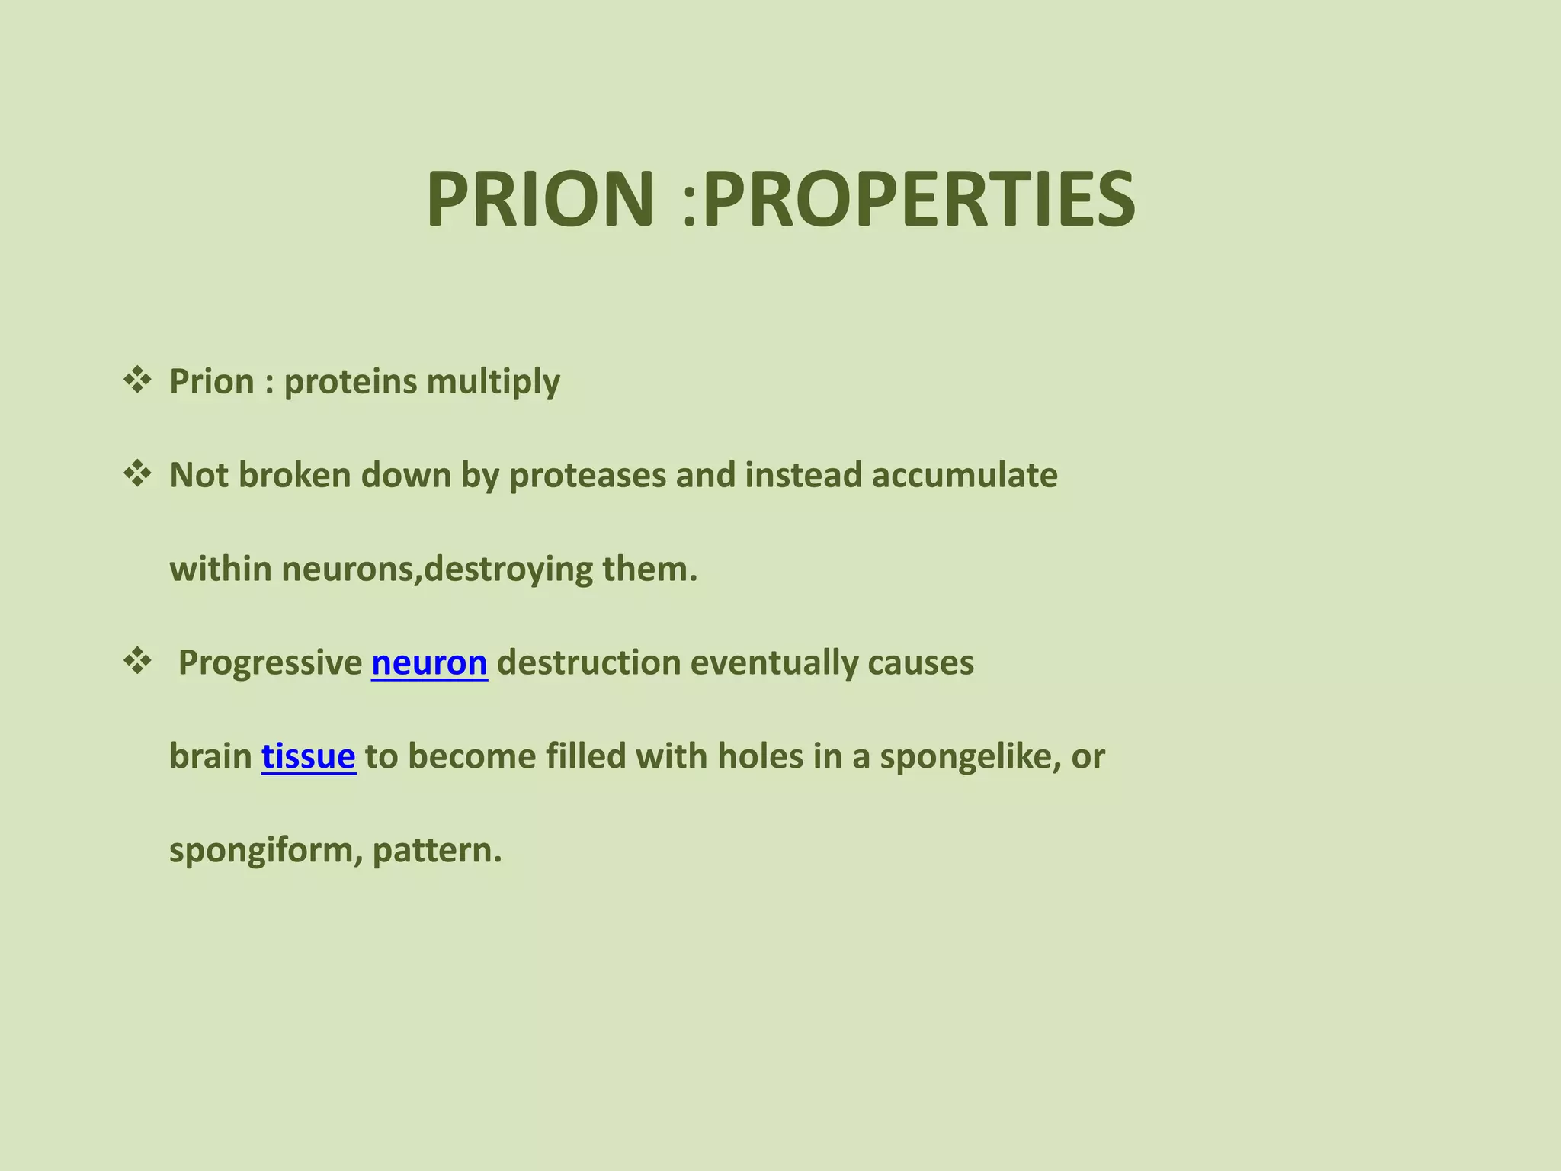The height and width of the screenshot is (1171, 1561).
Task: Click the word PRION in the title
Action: click(540, 200)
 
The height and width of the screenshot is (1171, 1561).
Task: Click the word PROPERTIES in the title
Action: click(918, 200)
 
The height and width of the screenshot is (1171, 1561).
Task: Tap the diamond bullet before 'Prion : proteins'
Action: click(137, 380)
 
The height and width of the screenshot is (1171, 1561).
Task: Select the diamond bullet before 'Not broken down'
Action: click(137, 474)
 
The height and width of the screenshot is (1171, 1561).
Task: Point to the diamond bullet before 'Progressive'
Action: click(137, 661)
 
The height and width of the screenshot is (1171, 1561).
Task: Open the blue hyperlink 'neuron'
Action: click(429, 662)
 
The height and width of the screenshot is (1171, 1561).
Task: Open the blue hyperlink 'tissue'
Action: click(308, 756)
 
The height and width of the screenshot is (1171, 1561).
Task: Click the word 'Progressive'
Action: click(270, 662)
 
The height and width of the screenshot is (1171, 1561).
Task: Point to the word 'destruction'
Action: click(588, 662)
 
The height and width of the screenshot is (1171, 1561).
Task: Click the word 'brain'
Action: click(210, 756)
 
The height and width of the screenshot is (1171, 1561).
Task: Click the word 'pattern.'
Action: click(438, 851)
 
